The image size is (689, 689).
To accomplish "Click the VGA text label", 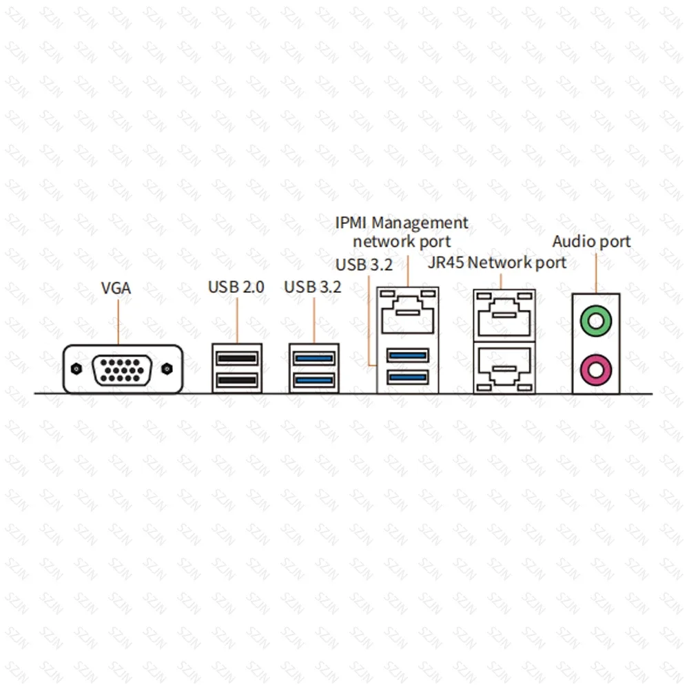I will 116,288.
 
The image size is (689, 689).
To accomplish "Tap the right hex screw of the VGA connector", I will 166,369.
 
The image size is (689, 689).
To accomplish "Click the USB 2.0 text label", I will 236,287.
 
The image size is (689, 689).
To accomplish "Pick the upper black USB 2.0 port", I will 236,358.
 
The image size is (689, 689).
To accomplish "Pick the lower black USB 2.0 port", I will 236,380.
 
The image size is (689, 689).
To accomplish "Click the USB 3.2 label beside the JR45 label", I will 364,265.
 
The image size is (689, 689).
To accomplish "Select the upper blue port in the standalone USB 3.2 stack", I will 313,358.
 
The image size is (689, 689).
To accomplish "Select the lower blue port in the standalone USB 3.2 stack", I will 313,380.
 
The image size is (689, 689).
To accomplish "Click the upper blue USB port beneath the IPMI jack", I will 408,356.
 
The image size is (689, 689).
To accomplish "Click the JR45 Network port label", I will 497,263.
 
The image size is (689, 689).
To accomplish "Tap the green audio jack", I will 595,318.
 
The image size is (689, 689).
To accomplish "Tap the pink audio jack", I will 595,369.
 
